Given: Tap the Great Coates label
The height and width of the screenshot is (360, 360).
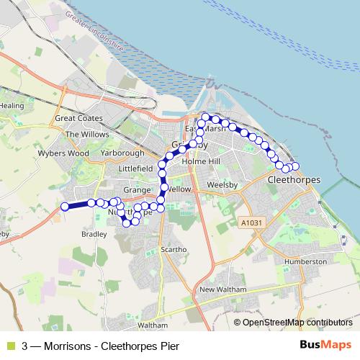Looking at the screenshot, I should [x=78, y=118].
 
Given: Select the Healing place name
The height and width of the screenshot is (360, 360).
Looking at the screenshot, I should [x=12, y=105].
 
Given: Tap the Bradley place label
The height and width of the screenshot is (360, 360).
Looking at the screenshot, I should [x=94, y=234].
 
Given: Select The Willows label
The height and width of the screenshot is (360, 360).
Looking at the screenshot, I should [x=86, y=134].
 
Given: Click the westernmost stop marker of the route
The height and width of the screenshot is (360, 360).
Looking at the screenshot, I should [x=64, y=207].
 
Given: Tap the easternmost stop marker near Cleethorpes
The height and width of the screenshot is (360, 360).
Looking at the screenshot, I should [x=294, y=166].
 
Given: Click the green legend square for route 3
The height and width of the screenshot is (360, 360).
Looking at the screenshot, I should [x=9, y=346].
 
